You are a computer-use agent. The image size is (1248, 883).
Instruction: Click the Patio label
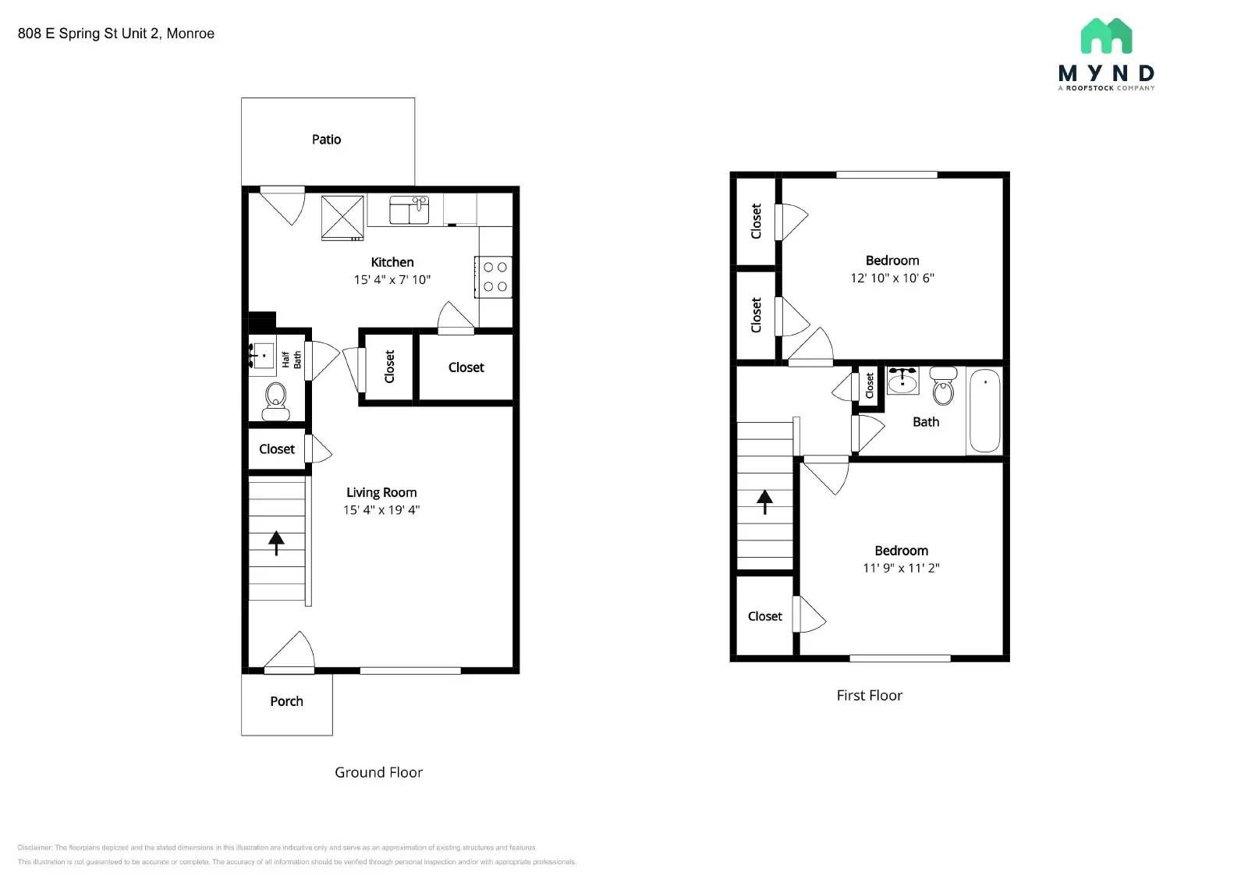(326, 140)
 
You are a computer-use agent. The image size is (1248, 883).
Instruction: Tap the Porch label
(286, 701)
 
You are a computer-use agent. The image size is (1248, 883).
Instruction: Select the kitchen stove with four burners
(495, 277)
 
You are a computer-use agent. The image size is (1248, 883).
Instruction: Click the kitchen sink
(409, 210)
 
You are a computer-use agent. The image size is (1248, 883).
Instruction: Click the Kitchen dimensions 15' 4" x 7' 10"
(392, 279)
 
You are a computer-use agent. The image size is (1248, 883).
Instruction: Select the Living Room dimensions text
(381, 510)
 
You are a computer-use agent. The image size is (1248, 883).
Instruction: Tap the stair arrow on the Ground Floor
(276, 542)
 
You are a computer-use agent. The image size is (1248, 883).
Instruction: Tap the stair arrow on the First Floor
(764, 501)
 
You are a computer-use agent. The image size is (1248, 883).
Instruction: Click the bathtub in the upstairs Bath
(984, 410)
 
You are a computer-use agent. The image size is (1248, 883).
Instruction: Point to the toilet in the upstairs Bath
(943, 387)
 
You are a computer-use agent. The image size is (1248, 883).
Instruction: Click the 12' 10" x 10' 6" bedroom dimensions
(892, 278)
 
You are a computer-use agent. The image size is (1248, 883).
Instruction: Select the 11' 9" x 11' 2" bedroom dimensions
(901, 568)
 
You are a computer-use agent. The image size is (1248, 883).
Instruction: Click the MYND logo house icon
(1106, 37)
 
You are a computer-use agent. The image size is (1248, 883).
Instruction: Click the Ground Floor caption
(378, 772)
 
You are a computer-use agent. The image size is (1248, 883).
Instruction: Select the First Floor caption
(869, 695)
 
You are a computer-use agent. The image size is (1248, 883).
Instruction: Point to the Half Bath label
(291, 360)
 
